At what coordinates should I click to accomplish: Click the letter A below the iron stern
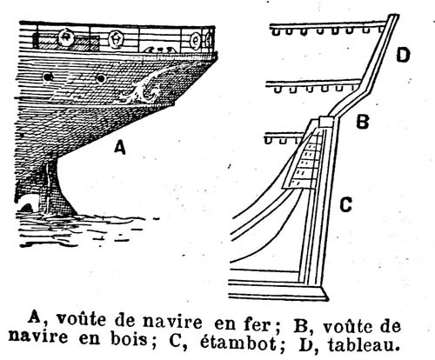[120, 147]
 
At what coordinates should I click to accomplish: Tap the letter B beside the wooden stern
[363, 122]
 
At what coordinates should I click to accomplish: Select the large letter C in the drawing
[345, 204]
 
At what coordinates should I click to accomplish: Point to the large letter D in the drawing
[404, 55]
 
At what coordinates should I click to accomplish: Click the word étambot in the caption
[238, 343]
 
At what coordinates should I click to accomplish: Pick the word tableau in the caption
[364, 344]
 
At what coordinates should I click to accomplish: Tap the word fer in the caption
[256, 323]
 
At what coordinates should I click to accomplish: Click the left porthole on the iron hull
[48, 77]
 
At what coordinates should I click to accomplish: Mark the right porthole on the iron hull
[101, 78]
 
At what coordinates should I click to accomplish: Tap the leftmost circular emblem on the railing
[66, 37]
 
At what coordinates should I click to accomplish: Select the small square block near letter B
[326, 121]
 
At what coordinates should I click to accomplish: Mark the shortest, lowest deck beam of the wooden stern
[284, 137]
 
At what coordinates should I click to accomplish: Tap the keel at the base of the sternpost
[278, 290]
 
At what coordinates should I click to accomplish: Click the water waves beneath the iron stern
[84, 229]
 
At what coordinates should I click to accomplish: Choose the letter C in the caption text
[175, 342]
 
